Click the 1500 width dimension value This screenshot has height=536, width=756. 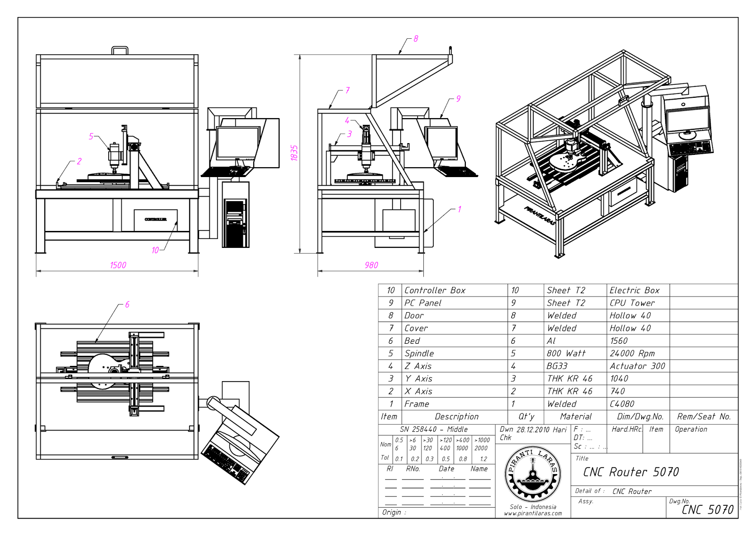pos(118,265)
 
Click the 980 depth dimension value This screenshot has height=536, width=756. pos(371,265)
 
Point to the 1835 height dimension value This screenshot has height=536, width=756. pos(294,153)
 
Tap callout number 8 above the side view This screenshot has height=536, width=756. pos(416,39)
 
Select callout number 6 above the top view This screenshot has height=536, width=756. pos(127,305)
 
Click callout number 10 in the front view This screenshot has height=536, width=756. pos(155,250)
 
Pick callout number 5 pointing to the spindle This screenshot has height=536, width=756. pos(91,136)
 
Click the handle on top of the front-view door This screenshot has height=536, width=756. pos(120,50)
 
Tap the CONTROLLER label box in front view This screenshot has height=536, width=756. pos(155,220)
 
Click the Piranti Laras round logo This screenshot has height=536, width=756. pos(533,474)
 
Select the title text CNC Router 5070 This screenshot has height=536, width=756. pos(631,472)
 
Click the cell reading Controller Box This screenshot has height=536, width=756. pos(435,290)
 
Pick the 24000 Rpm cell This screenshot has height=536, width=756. pos(632,354)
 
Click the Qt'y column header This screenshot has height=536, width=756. pos(526,417)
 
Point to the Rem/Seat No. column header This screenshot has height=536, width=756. pos(704,417)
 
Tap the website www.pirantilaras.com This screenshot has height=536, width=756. pos(533,513)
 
